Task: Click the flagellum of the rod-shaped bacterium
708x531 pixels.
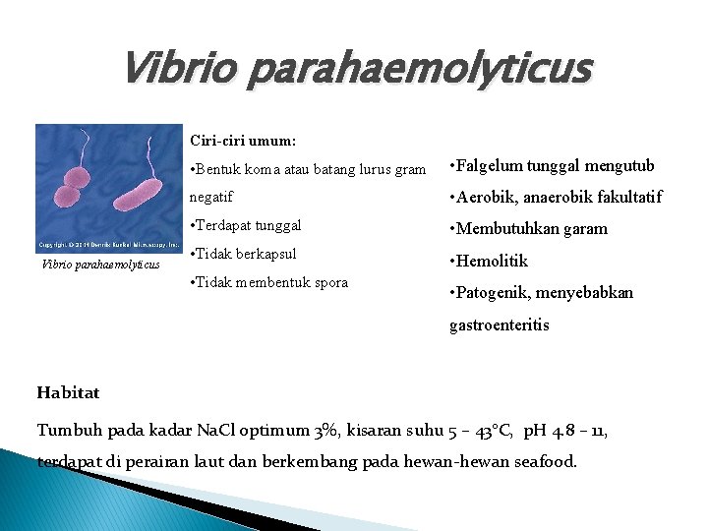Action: coord(150,155)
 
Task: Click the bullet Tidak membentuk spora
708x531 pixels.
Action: coord(268,282)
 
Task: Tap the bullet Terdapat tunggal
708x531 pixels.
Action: coord(246,224)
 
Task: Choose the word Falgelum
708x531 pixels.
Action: coord(490,166)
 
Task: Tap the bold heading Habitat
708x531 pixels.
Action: coord(68,392)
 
